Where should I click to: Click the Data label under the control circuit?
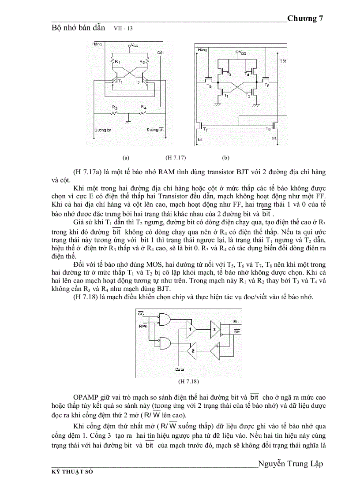[180, 369]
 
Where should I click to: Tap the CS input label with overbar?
[141, 313]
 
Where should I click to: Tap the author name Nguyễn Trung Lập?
[290, 464]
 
